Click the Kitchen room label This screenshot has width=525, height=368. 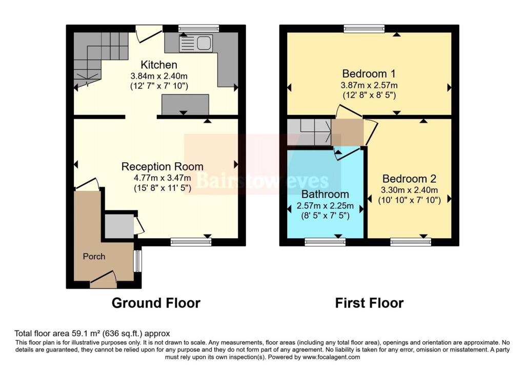click(159, 65)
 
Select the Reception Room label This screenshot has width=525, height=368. click(163, 167)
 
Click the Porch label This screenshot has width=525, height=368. click(94, 257)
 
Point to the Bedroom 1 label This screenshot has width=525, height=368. click(369, 73)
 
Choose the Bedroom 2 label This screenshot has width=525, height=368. click(409, 179)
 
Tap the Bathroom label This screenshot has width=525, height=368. click(325, 194)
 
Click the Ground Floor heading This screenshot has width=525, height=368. click(156, 303)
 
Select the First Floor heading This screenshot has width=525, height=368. click(369, 303)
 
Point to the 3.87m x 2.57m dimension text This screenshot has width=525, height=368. click(369, 85)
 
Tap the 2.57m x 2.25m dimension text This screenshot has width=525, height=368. click(325, 205)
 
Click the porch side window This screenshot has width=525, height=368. click(137, 261)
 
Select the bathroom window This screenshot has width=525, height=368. click(325, 242)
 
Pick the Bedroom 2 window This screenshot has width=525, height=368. click(411, 242)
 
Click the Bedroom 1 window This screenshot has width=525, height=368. click(364, 29)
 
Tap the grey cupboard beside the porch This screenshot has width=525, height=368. click(119, 226)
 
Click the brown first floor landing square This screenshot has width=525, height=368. click(347, 133)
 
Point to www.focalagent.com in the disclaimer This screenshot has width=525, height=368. click(331, 357)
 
